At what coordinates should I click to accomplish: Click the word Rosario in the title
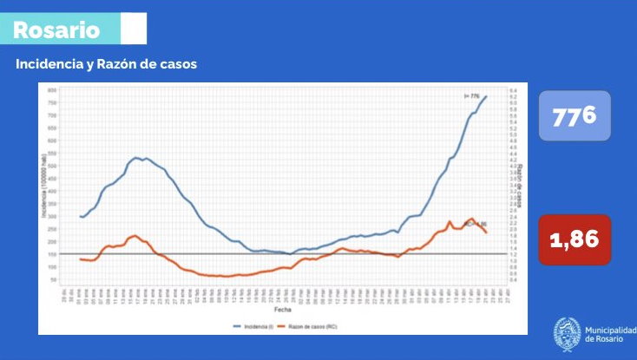click(x=56, y=30)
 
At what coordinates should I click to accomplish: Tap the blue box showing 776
click(x=575, y=114)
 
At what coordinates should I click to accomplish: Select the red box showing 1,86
click(x=575, y=239)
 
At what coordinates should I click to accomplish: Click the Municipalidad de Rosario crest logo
click(x=568, y=335)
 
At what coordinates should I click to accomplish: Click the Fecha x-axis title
click(x=283, y=308)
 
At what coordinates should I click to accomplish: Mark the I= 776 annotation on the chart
click(x=473, y=96)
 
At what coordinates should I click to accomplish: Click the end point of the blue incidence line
click(x=486, y=96)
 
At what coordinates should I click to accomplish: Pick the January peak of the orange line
click(x=135, y=235)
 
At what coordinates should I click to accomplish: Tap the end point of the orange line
click(x=486, y=232)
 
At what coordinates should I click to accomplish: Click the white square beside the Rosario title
click(x=134, y=29)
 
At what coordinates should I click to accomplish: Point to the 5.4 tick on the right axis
click(x=514, y=90)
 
